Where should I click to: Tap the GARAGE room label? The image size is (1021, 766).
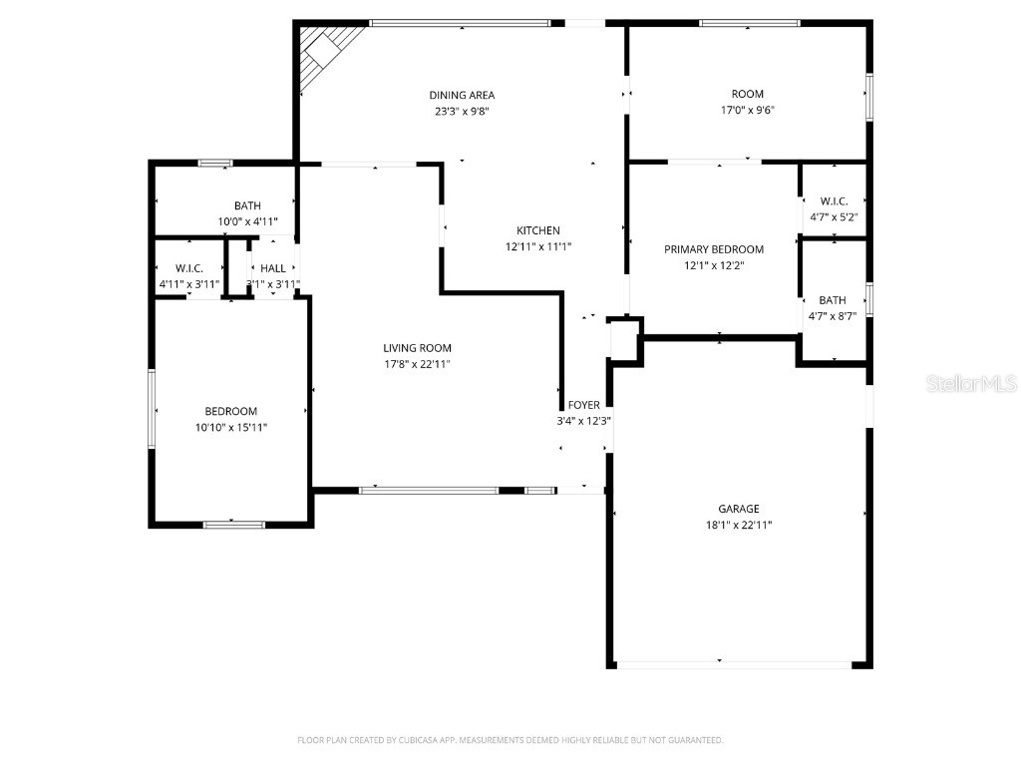(739, 509)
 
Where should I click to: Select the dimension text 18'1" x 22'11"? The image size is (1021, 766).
(739, 525)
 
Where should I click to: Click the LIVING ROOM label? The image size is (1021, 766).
(417, 348)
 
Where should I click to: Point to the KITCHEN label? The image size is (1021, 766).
(538, 230)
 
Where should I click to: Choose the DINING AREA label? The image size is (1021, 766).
(462, 96)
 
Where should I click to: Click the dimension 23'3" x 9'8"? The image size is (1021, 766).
(462, 112)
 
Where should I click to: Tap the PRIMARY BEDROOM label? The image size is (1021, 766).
(714, 249)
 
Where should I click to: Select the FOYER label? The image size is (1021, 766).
(584, 405)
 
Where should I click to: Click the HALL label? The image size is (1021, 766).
(273, 268)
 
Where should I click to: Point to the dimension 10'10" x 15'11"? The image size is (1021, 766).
(231, 427)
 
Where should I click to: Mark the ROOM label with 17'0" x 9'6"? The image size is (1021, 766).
(747, 95)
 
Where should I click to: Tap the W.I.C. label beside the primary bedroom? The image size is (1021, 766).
(834, 200)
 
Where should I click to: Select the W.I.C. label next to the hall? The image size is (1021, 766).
(189, 268)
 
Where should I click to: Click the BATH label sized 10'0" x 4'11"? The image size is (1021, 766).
(247, 205)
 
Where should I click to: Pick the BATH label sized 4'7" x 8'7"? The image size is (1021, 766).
(833, 300)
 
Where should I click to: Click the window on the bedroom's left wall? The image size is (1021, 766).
(152, 409)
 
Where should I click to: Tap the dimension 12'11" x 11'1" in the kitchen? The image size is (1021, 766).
(538, 246)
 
